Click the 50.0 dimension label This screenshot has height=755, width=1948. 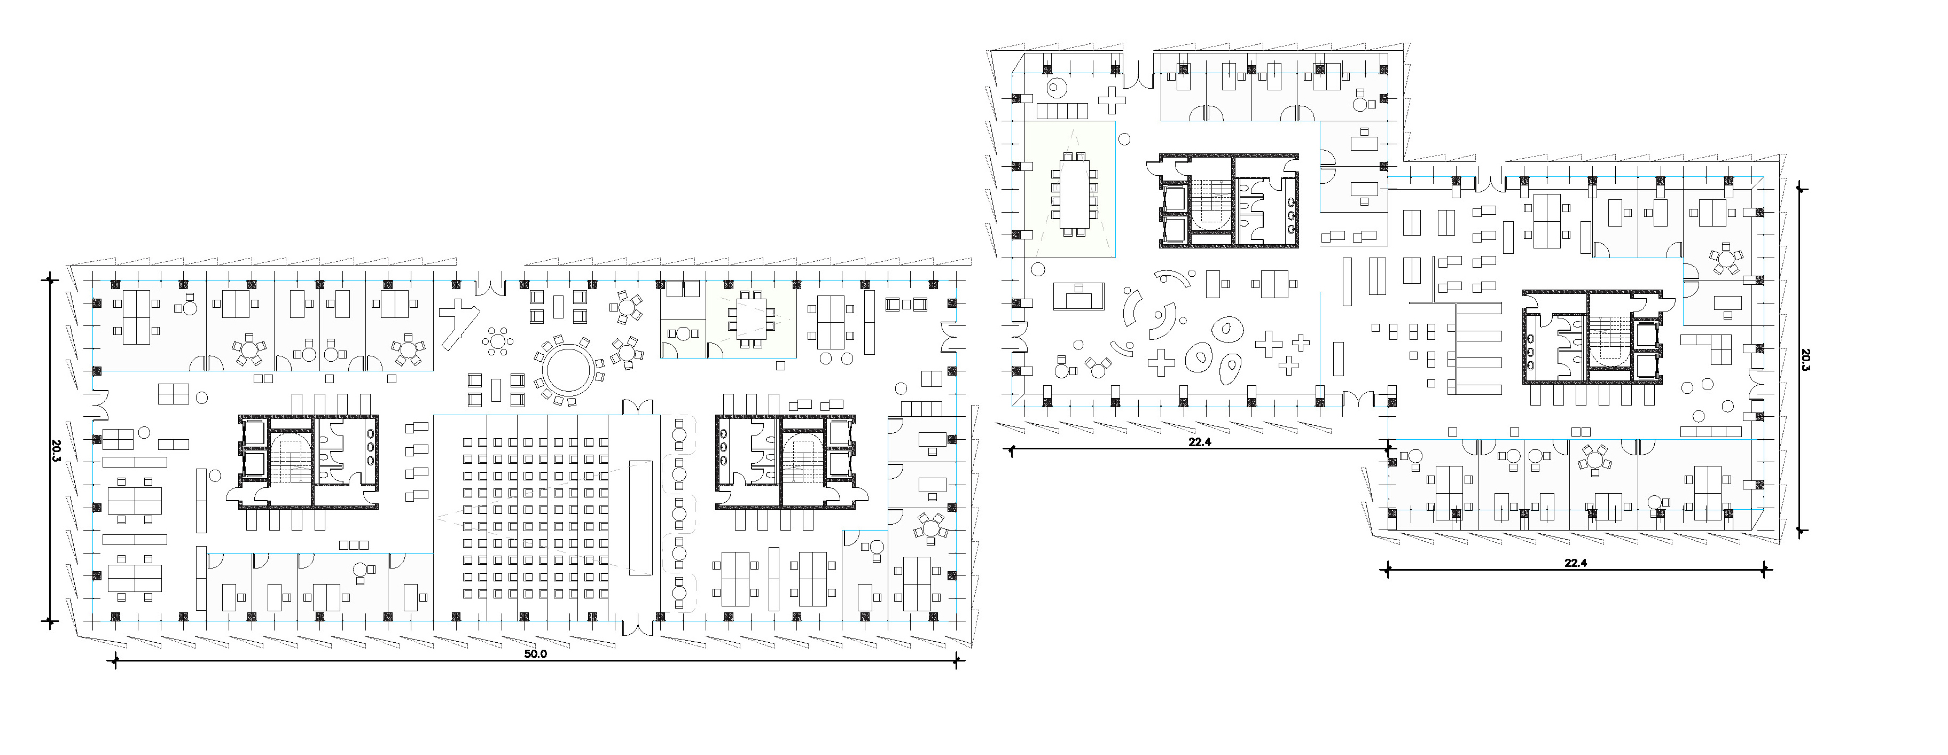point(535,653)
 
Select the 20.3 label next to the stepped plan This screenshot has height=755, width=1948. point(1806,360)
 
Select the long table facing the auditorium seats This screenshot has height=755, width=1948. point(640,517)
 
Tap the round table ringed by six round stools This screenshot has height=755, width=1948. point(499,341)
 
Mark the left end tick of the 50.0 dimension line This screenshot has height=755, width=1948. point(115,661)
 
